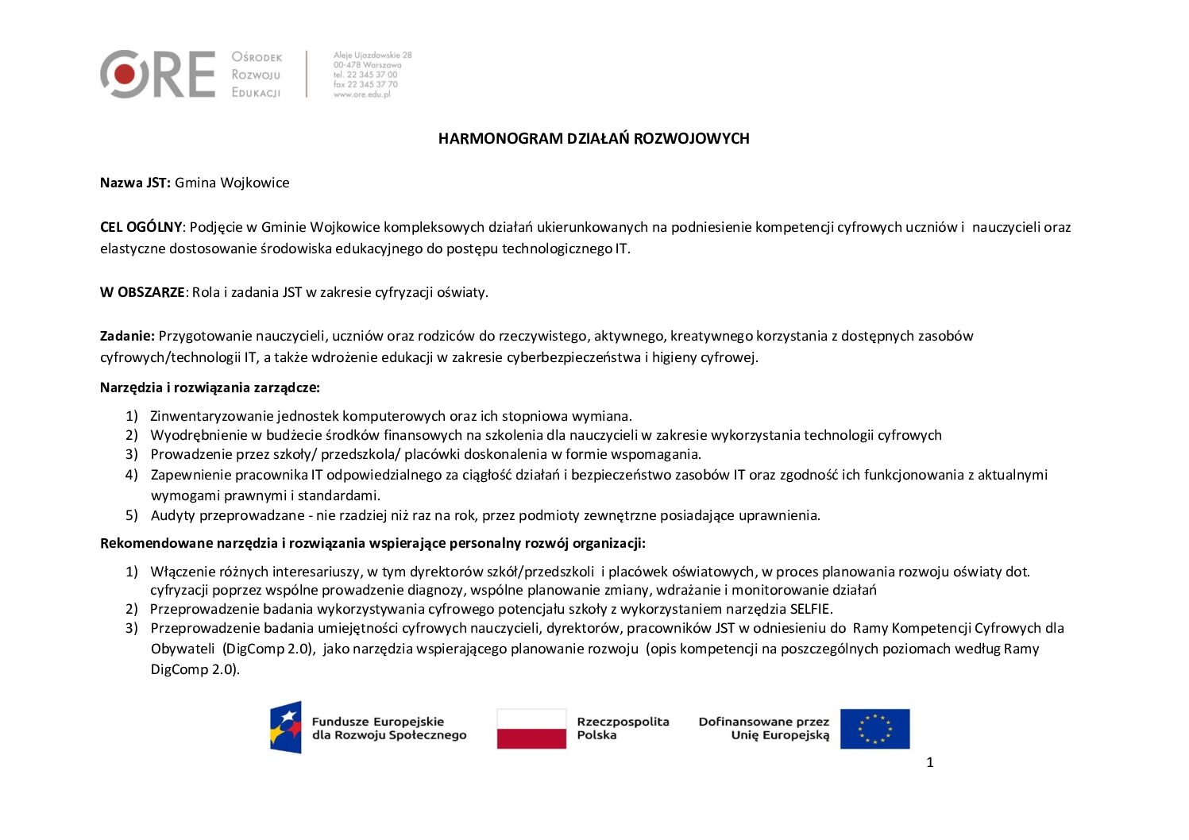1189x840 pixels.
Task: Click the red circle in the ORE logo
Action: tap(125, 75)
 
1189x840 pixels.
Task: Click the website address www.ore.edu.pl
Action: tap(362, 94)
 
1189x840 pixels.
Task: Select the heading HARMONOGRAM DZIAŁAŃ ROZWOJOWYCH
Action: tap(593, 139)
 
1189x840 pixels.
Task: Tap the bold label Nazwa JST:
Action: tap(135, 183)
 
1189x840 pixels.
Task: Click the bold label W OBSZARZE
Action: tap(142, 292)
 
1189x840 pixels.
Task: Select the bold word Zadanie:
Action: tap(127, 336)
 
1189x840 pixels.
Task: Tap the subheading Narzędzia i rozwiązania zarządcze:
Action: tap(210, 387)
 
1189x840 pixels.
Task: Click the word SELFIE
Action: tap(810, 609)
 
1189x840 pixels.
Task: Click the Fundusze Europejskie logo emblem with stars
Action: tap(286, 727)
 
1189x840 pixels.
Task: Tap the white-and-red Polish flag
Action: tap(531, 728)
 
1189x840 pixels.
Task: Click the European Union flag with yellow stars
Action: tap(874, 729)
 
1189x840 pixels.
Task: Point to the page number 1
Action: tap(930, 763)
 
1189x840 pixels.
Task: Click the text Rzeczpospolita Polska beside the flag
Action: tap(623, 728)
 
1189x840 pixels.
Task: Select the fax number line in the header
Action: tap(365, 84)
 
